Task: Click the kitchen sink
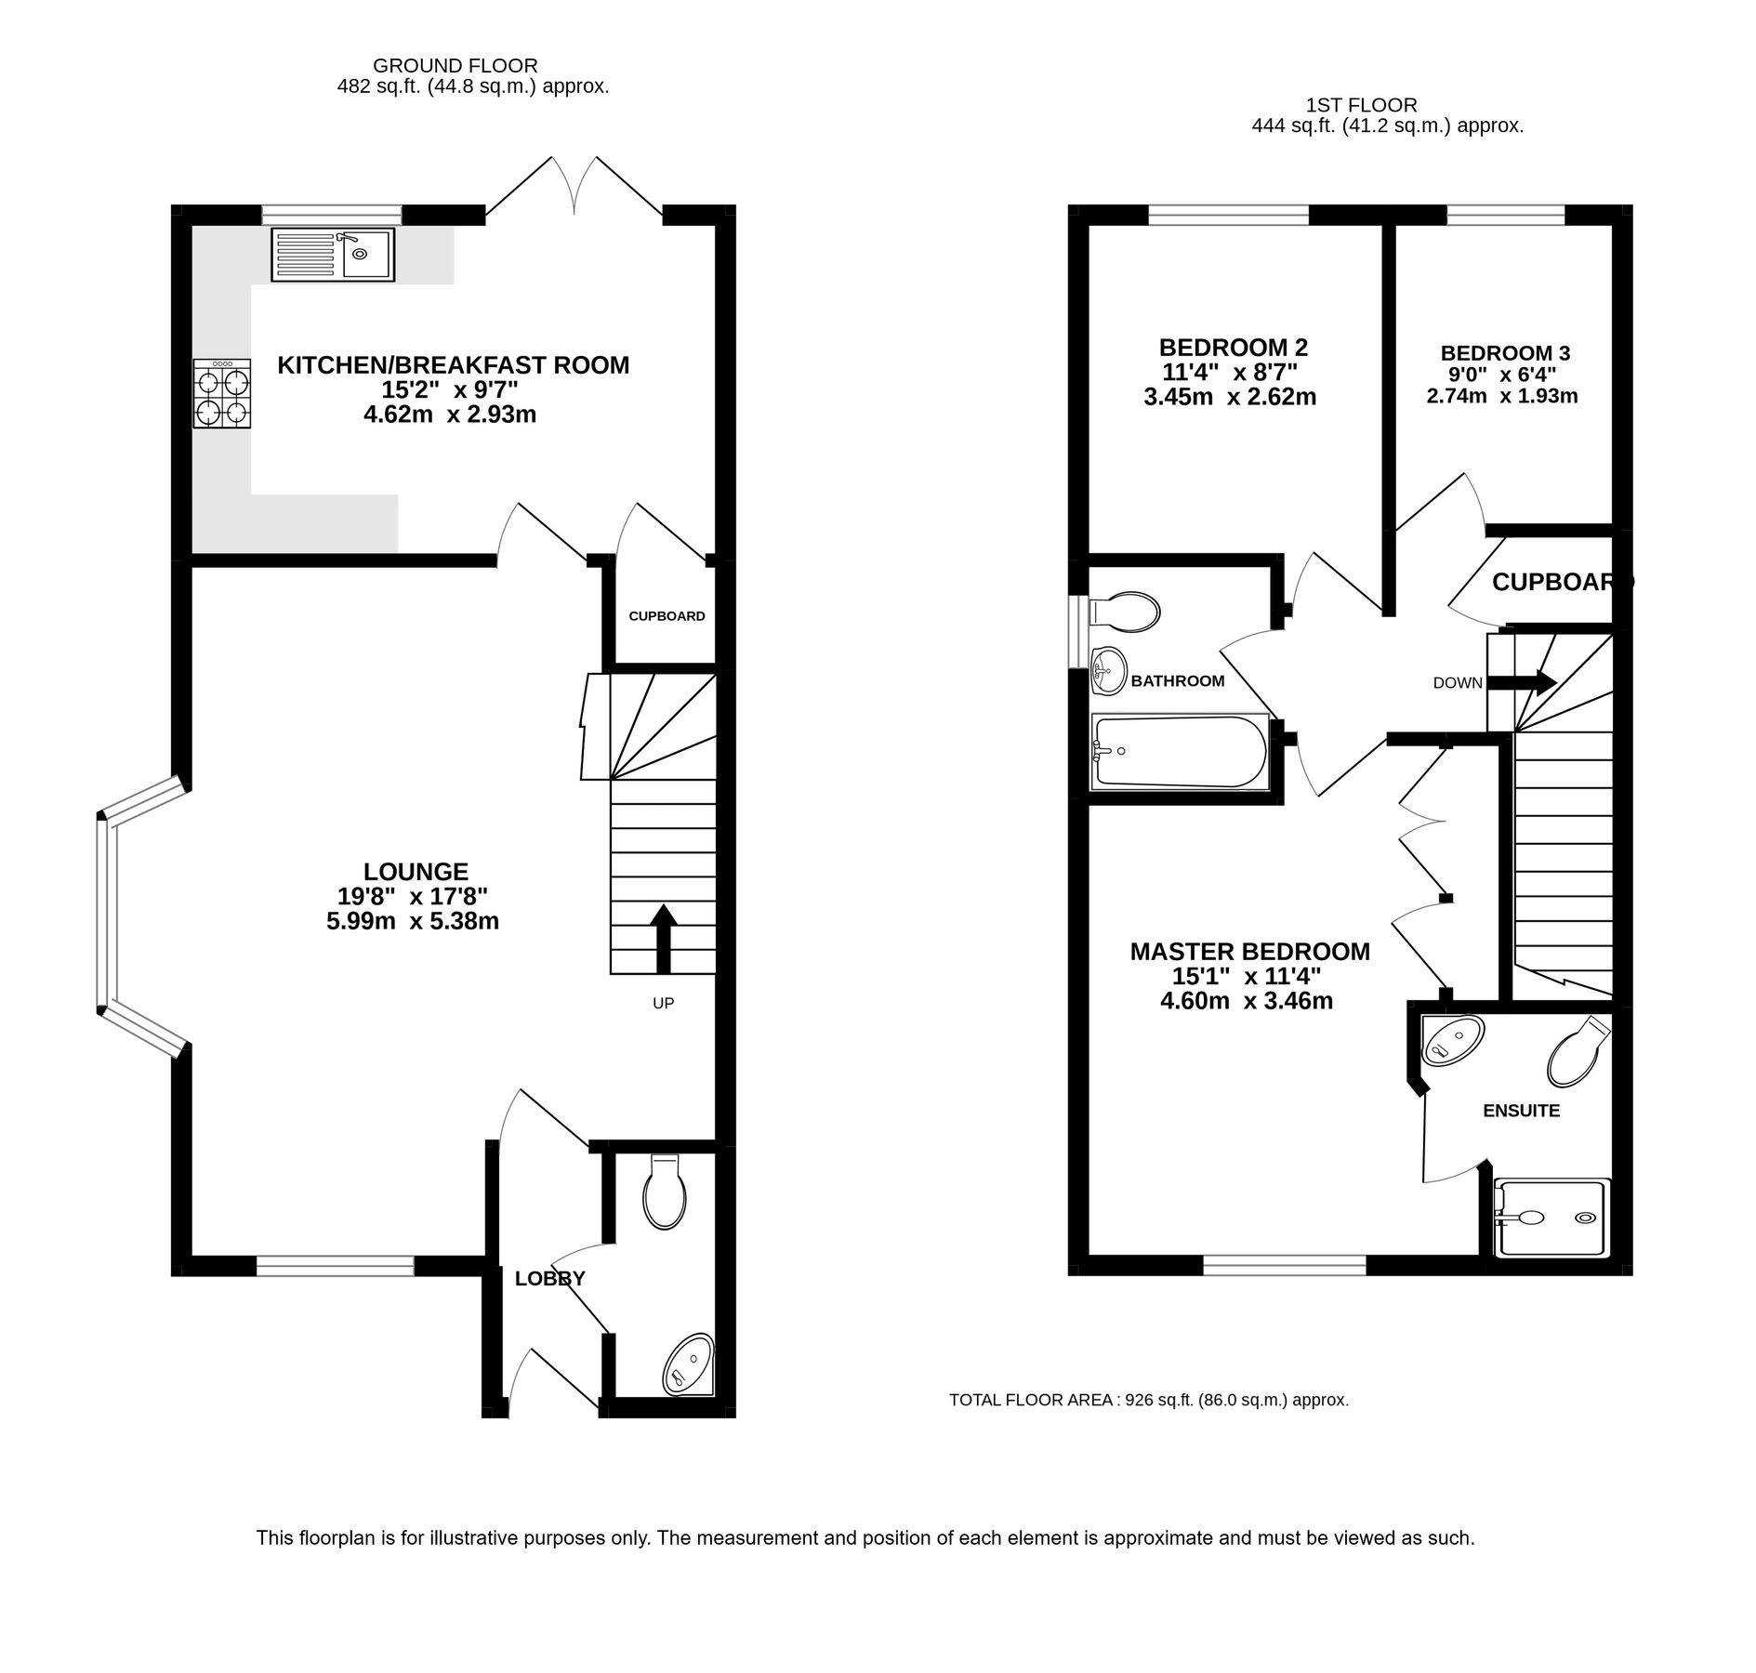pos(333,254)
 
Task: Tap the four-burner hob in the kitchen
pos(222,394)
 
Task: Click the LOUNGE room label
pos(416,872)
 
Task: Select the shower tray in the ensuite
pos(1550,1218)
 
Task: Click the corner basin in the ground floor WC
pos(690,1366)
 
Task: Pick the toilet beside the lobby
pos(665,1193)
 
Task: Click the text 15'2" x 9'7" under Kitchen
pos(450,389)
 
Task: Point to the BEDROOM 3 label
pos(1505,353)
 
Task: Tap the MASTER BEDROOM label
pos(1249,952)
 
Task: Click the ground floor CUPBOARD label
pos(667,616)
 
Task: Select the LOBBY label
pos(550,1279)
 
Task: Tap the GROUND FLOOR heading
pos(455,66)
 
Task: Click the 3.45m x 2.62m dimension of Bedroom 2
pos(1230,398)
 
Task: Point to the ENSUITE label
pos(1521,1111)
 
